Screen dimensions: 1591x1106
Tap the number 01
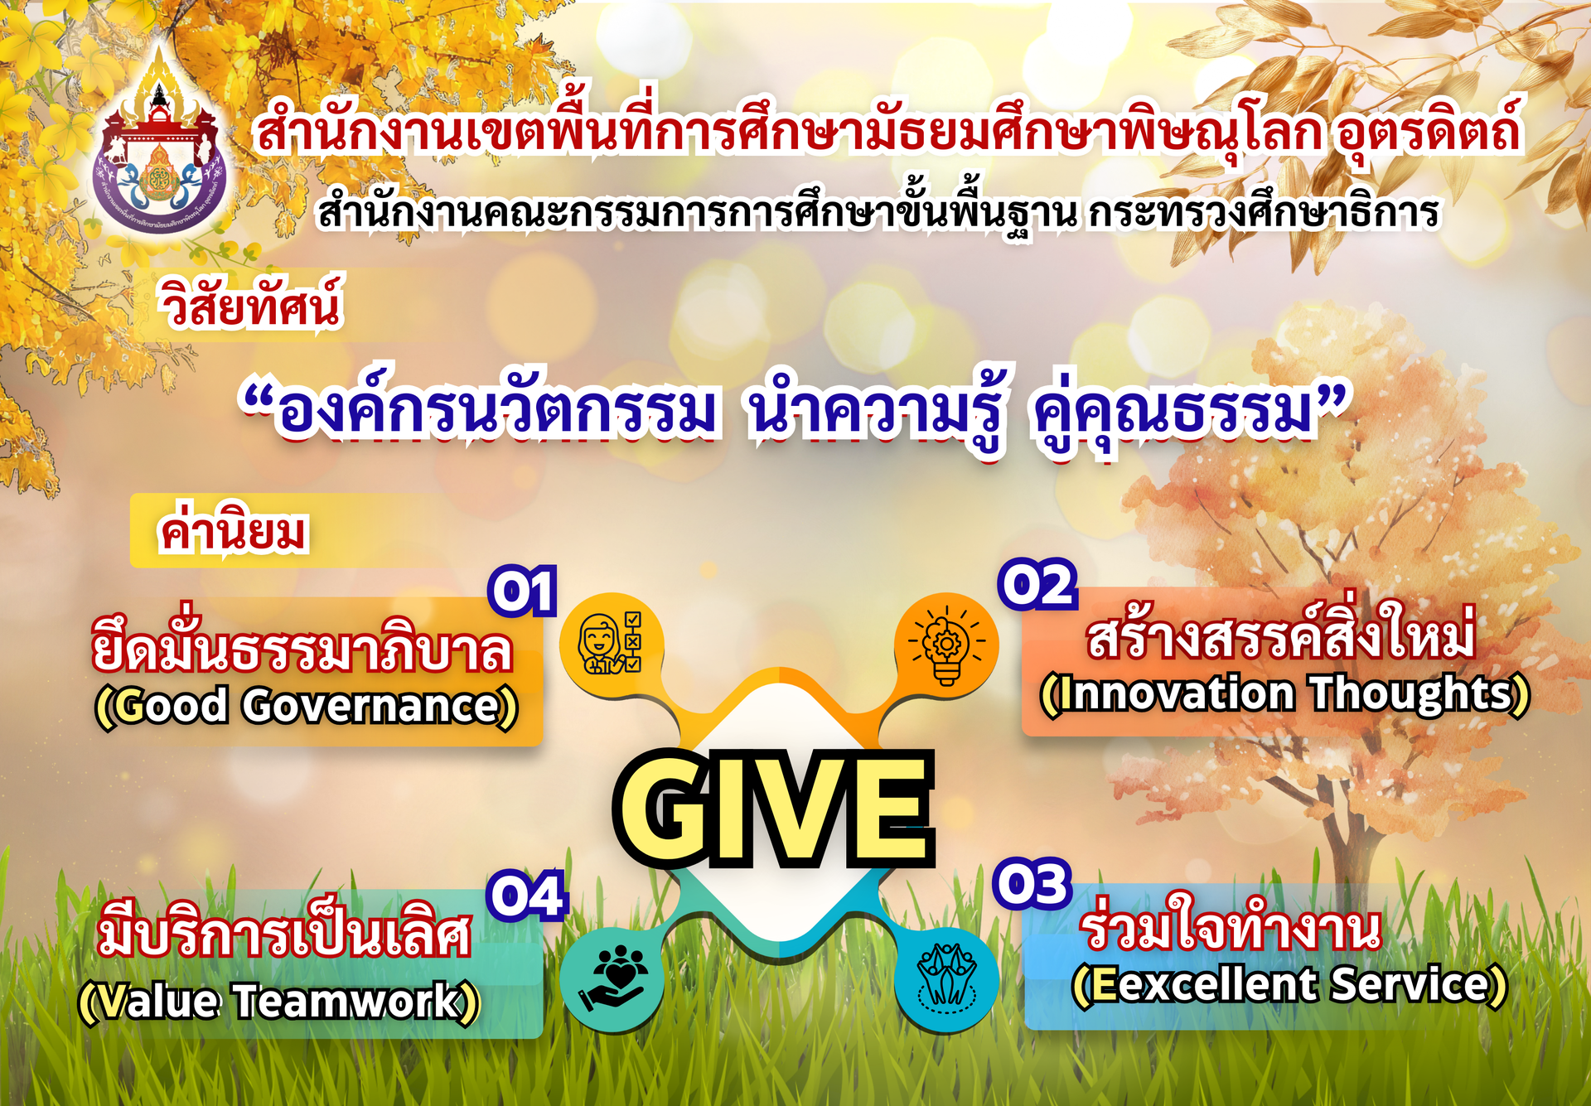(523, 592)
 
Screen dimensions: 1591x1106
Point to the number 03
(1032, 883)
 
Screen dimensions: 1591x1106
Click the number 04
(527, 895)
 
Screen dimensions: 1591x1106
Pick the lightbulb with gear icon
(946, 645)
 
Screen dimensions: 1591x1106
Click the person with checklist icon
(611, 643)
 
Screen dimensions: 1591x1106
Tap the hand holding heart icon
(612, 978)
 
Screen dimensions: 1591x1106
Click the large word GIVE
(775, 808)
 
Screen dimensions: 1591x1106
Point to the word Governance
(372, 706)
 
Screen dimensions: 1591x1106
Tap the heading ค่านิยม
(233, 530)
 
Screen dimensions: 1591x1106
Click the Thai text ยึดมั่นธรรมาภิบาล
(302, 646)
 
